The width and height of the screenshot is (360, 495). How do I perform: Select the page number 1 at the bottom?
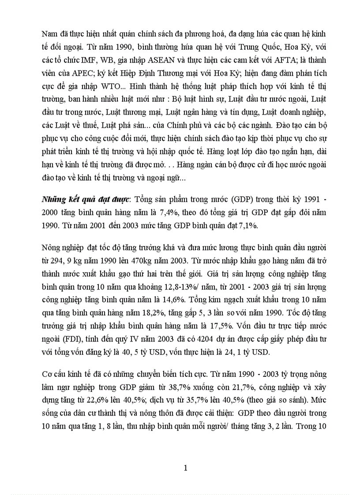coord(186,468)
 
